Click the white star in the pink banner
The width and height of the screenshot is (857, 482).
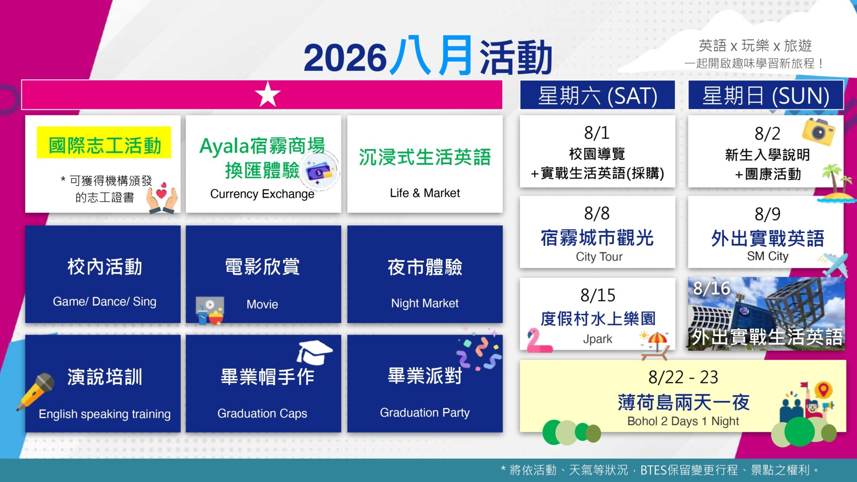pyautogui.click(x=268, y=94)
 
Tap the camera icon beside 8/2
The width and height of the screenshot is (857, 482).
pyautogui.click(x=818, y=132)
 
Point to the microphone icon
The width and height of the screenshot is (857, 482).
pyautogui.click(x=36, y=391)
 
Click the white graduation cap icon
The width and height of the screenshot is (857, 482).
pyautogui.click(x=314, y=352)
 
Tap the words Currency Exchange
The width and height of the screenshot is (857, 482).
pyautogui.click(x=262, y=194)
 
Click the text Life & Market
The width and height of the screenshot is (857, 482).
pyautogui.click(x=424, y=193)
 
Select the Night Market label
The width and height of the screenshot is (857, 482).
pyautogui.click(x=424, y=303)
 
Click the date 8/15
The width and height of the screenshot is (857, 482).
pyautogui.click(x=598, y=295)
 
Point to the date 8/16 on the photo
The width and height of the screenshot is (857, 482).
pyautogui.click(x=711, y=288)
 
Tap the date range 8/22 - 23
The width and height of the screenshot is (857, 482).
pyautogui.click(x=683, y=378)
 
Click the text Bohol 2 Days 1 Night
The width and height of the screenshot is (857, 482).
pyautogui.click(x=683, y=421)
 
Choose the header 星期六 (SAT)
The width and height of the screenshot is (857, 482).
pyautogui.click(x=597, y=96)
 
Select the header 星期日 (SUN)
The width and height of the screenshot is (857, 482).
pyautogui.click(x=765, y=96)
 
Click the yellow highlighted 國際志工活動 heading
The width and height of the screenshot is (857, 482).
pyautogui.click(x=104, y=145)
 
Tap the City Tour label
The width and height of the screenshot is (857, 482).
pyautogui.click(x=599, y=257)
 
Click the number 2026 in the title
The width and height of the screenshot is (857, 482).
pyautogui.click(x=345, y=58)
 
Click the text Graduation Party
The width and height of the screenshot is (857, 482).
pyautogui.click(x=424, y=413)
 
